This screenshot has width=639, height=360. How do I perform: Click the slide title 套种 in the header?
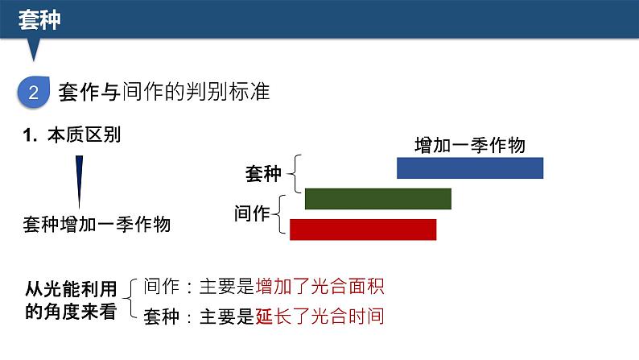click(39, 20)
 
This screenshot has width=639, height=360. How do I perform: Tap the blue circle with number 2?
click(34, 93)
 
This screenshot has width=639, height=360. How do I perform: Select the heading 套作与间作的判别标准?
click(164, 93)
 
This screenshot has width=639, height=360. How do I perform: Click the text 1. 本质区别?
click(72, 135)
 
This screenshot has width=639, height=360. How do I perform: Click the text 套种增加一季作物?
click(97, 225)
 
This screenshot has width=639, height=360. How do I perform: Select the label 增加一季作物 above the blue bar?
click(469, 145)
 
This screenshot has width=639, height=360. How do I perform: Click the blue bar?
click(470, 168)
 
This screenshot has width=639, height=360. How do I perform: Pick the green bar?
click(378, 198)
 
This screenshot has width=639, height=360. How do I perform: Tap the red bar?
click(363, 230)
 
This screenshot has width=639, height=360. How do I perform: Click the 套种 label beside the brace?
click(263, 172)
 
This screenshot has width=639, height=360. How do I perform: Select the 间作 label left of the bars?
click(250, 213)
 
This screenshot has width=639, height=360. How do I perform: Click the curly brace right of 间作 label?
click(282, 214)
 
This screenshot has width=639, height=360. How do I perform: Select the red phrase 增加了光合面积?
click(319, 286)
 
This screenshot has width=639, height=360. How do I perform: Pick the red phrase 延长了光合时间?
click(319, 316)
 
